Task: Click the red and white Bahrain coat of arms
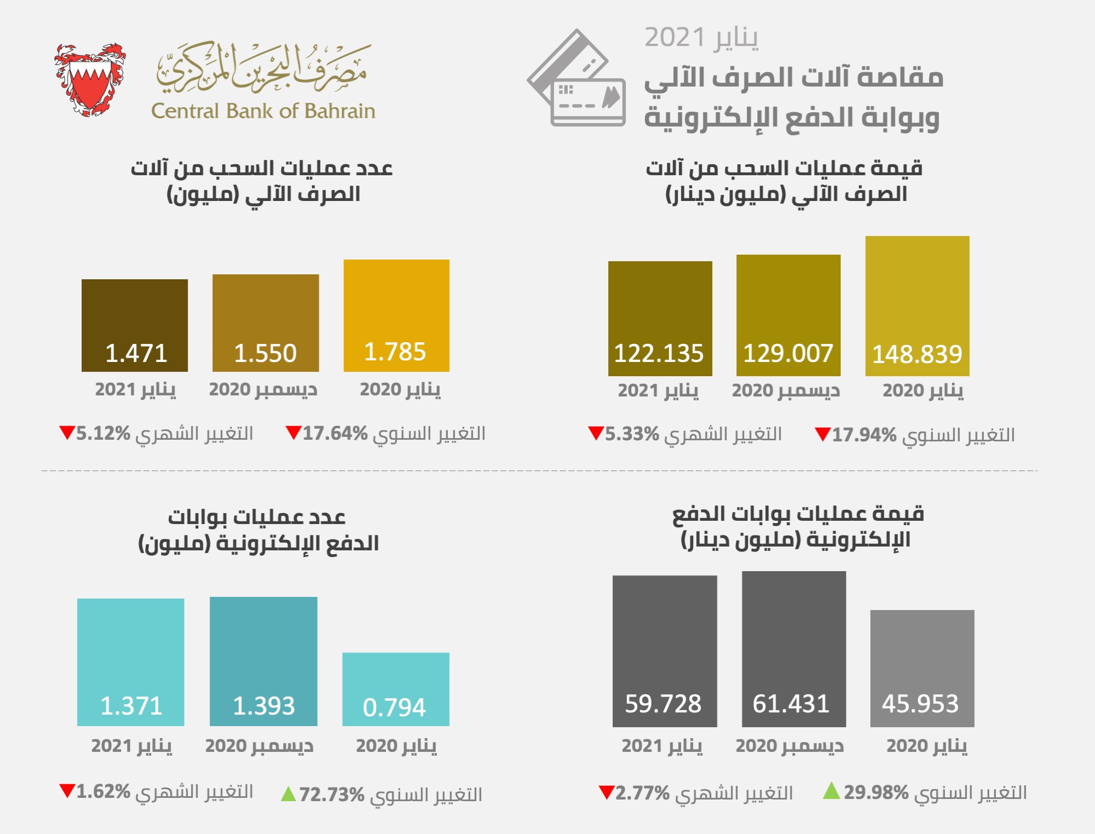tap(90, 80)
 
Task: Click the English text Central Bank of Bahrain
tap(263, 111)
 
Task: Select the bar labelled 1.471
tap(135, 325)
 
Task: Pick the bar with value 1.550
tap(266, 323)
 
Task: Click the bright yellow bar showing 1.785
tap(396, 315)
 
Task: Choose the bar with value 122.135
tap(660, 318)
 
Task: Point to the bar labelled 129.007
tap(788, 315)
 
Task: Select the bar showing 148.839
tap(917, 306)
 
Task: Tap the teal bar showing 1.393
tap(263, 661)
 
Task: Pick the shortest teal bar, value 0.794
tap(396, 689)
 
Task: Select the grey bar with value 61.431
tap(793, 649)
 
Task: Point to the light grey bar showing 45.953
tap(922, 668)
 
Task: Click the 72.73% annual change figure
tap(332, 795)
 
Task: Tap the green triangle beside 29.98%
tap(831, 791)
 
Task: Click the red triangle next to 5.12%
tap(67, 433)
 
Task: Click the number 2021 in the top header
tap(675, 38)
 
